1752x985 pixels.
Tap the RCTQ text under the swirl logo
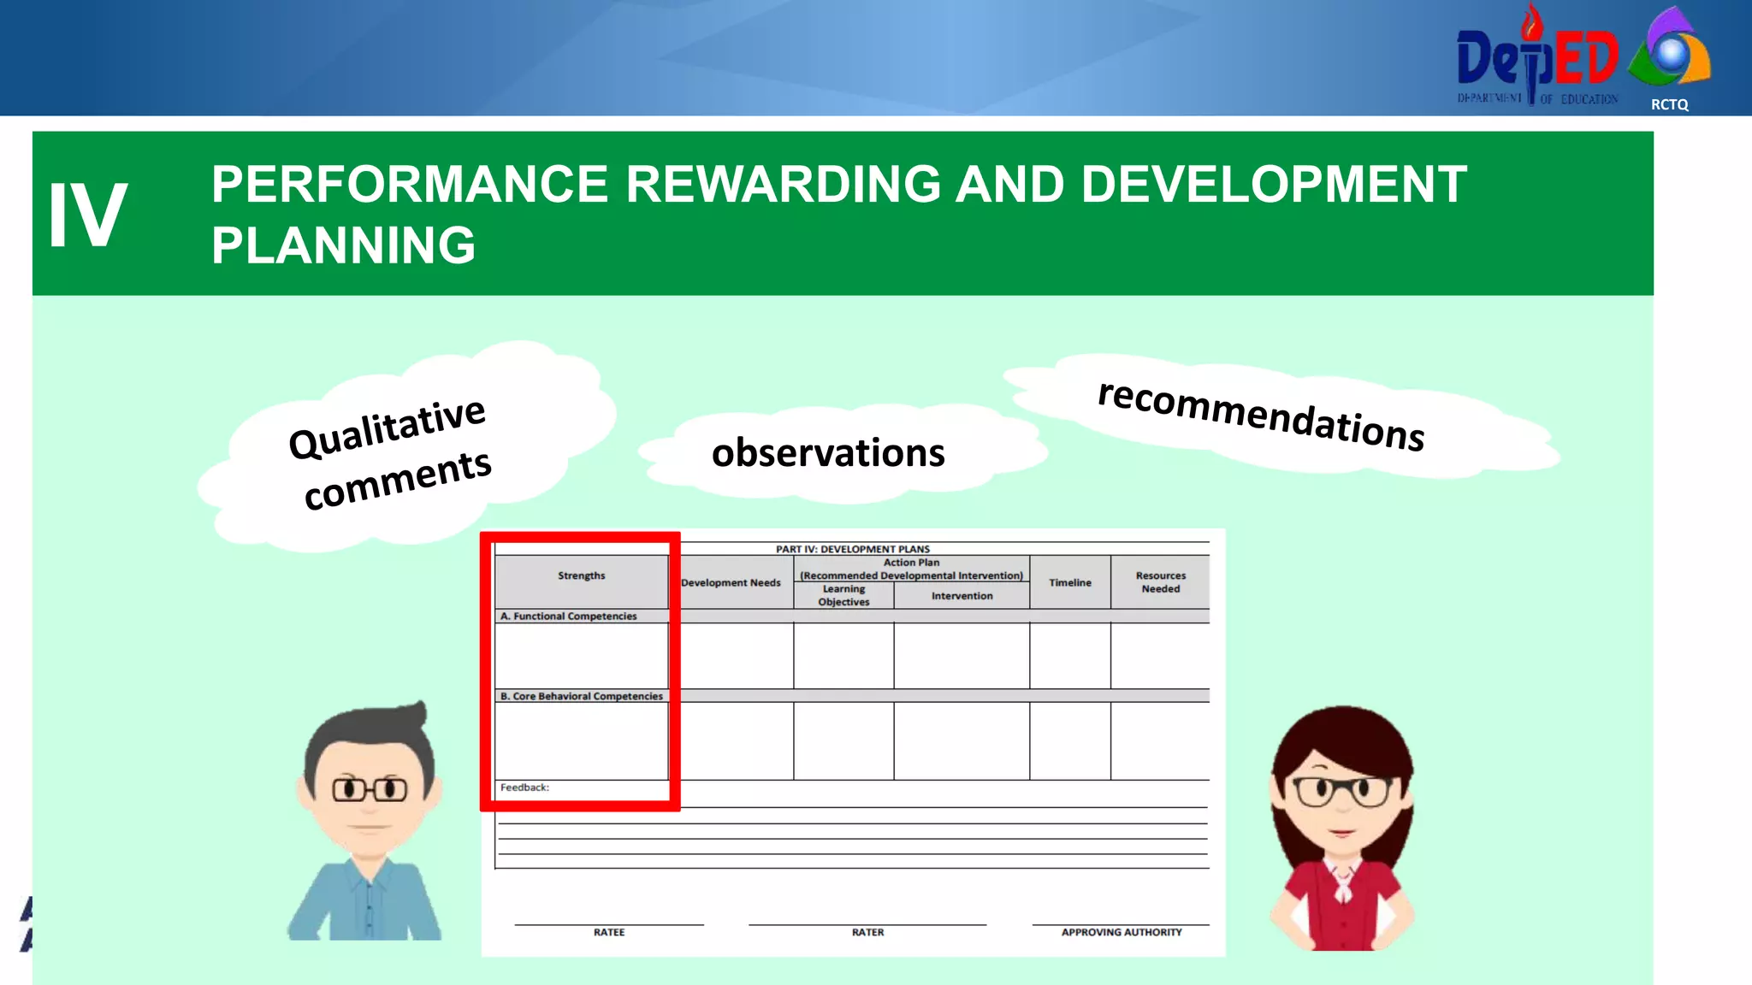point(1669,104)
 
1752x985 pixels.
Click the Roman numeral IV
point(87,216)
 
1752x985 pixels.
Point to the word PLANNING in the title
point(343,245)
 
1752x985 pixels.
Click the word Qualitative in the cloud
point(387,428)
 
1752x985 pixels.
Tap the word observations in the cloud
point(827,452)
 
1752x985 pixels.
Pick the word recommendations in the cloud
point(1261,416)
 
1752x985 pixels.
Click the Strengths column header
point(581,575)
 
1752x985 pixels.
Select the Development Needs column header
point(731,582)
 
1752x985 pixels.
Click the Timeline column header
point(1069,582)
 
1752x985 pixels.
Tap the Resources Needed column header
point(1160,582)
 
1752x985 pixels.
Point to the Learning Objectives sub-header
point(843,595)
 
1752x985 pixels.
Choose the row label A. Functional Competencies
point(569,616)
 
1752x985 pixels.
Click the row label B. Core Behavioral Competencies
point(582,696)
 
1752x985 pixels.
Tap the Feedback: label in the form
point(524,787)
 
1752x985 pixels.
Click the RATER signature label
point(867,932)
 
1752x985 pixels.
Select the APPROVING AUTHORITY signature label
point(1121,932)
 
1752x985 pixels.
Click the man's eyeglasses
point(370,788)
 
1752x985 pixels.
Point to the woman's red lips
point(1341,832)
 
